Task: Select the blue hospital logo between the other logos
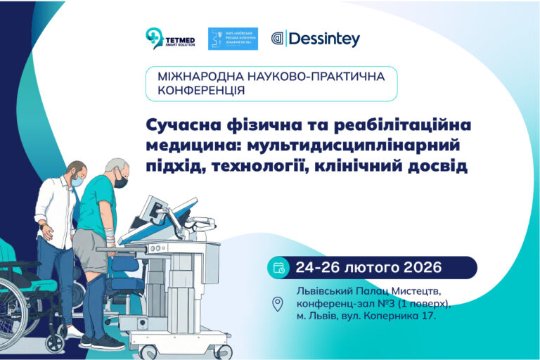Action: click(x=233, y=39)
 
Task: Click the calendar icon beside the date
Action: click(x=278, y=267)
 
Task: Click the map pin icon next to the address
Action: click(x=278, y=304)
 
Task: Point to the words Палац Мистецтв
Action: click(x=387, y=291)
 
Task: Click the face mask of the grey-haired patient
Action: click(x=121, y=182)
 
